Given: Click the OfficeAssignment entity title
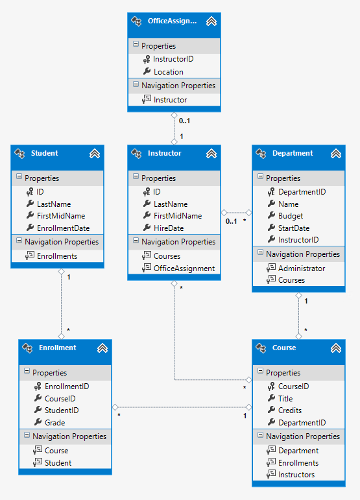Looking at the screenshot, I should coord(171,21).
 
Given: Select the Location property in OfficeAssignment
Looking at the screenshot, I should coord(168,71).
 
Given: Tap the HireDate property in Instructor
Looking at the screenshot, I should coord(168,228).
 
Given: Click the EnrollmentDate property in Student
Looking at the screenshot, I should coord(63,228).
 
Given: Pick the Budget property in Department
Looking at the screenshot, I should coord(291,216).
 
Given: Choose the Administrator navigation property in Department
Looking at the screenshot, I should coord(302,268).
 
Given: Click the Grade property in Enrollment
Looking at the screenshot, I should coord(54,423).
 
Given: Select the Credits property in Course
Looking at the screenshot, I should coord(290,411).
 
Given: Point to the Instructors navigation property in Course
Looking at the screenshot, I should coord(296,475).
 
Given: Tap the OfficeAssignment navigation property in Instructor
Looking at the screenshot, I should coord(184,268).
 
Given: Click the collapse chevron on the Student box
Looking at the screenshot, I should coord(94,154).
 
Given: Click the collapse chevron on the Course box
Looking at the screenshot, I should coord(335,349).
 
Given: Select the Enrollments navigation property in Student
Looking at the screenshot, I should coord(57,256).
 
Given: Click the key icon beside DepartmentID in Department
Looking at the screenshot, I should coord(271,192).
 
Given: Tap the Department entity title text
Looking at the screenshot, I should coord(293,154).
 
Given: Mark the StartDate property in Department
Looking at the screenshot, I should coord(294,228).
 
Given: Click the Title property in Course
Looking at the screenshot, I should coord(285,399).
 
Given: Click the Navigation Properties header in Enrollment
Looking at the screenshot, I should coord(69,436).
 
